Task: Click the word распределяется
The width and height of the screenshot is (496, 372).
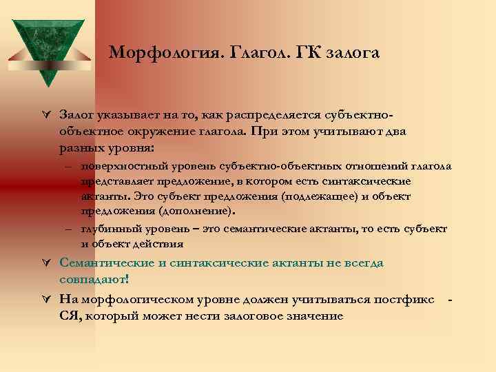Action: (271, 113)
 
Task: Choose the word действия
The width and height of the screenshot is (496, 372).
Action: (158, 243)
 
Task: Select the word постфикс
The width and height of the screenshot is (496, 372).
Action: (404, 299)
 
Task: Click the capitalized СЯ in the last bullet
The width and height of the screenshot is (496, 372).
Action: (70, 316)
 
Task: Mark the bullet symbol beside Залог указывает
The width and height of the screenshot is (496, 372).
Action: (45, 113)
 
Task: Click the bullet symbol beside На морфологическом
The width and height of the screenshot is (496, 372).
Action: (45, 299)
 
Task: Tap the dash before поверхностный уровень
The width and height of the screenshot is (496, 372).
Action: (70, 166)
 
